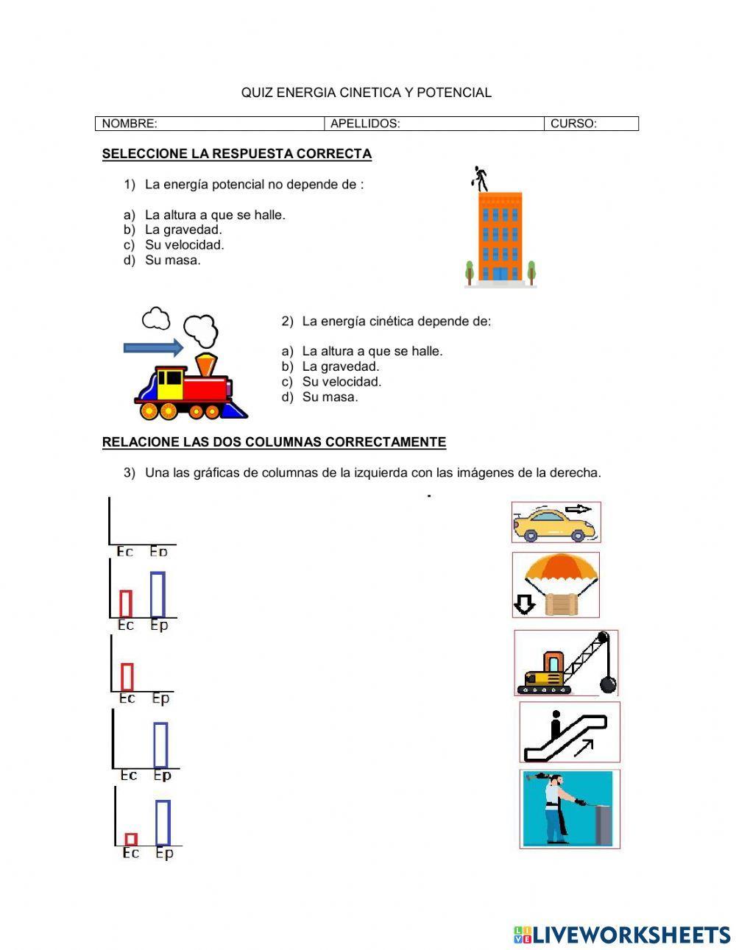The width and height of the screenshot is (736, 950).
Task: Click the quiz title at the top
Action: tap(366, 93)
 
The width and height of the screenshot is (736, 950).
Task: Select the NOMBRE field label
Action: tap(130, 124)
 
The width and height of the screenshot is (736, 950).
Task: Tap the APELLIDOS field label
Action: tap(365, 124)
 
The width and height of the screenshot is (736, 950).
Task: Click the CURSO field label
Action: tap(573, 124)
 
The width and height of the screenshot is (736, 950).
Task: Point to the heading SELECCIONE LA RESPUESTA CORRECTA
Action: tap(236, 154)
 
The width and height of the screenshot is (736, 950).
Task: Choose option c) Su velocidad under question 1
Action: tap(184, 245)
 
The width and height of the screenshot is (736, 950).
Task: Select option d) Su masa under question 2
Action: tap(330, 397)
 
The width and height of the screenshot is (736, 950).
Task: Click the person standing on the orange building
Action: tap(481, 177)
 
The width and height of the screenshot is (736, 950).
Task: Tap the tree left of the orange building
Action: tap(470, 272)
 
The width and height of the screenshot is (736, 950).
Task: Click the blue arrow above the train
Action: tap(153, 347)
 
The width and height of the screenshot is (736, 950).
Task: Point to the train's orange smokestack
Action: tap(206, 364)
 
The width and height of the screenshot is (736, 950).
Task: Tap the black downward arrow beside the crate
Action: tap(523, 604)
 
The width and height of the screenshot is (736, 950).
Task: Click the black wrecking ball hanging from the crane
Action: tap(608, 684)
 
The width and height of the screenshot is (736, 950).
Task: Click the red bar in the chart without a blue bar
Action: tap(127, 677)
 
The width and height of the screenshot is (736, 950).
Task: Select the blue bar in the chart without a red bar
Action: tap(160, 745)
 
